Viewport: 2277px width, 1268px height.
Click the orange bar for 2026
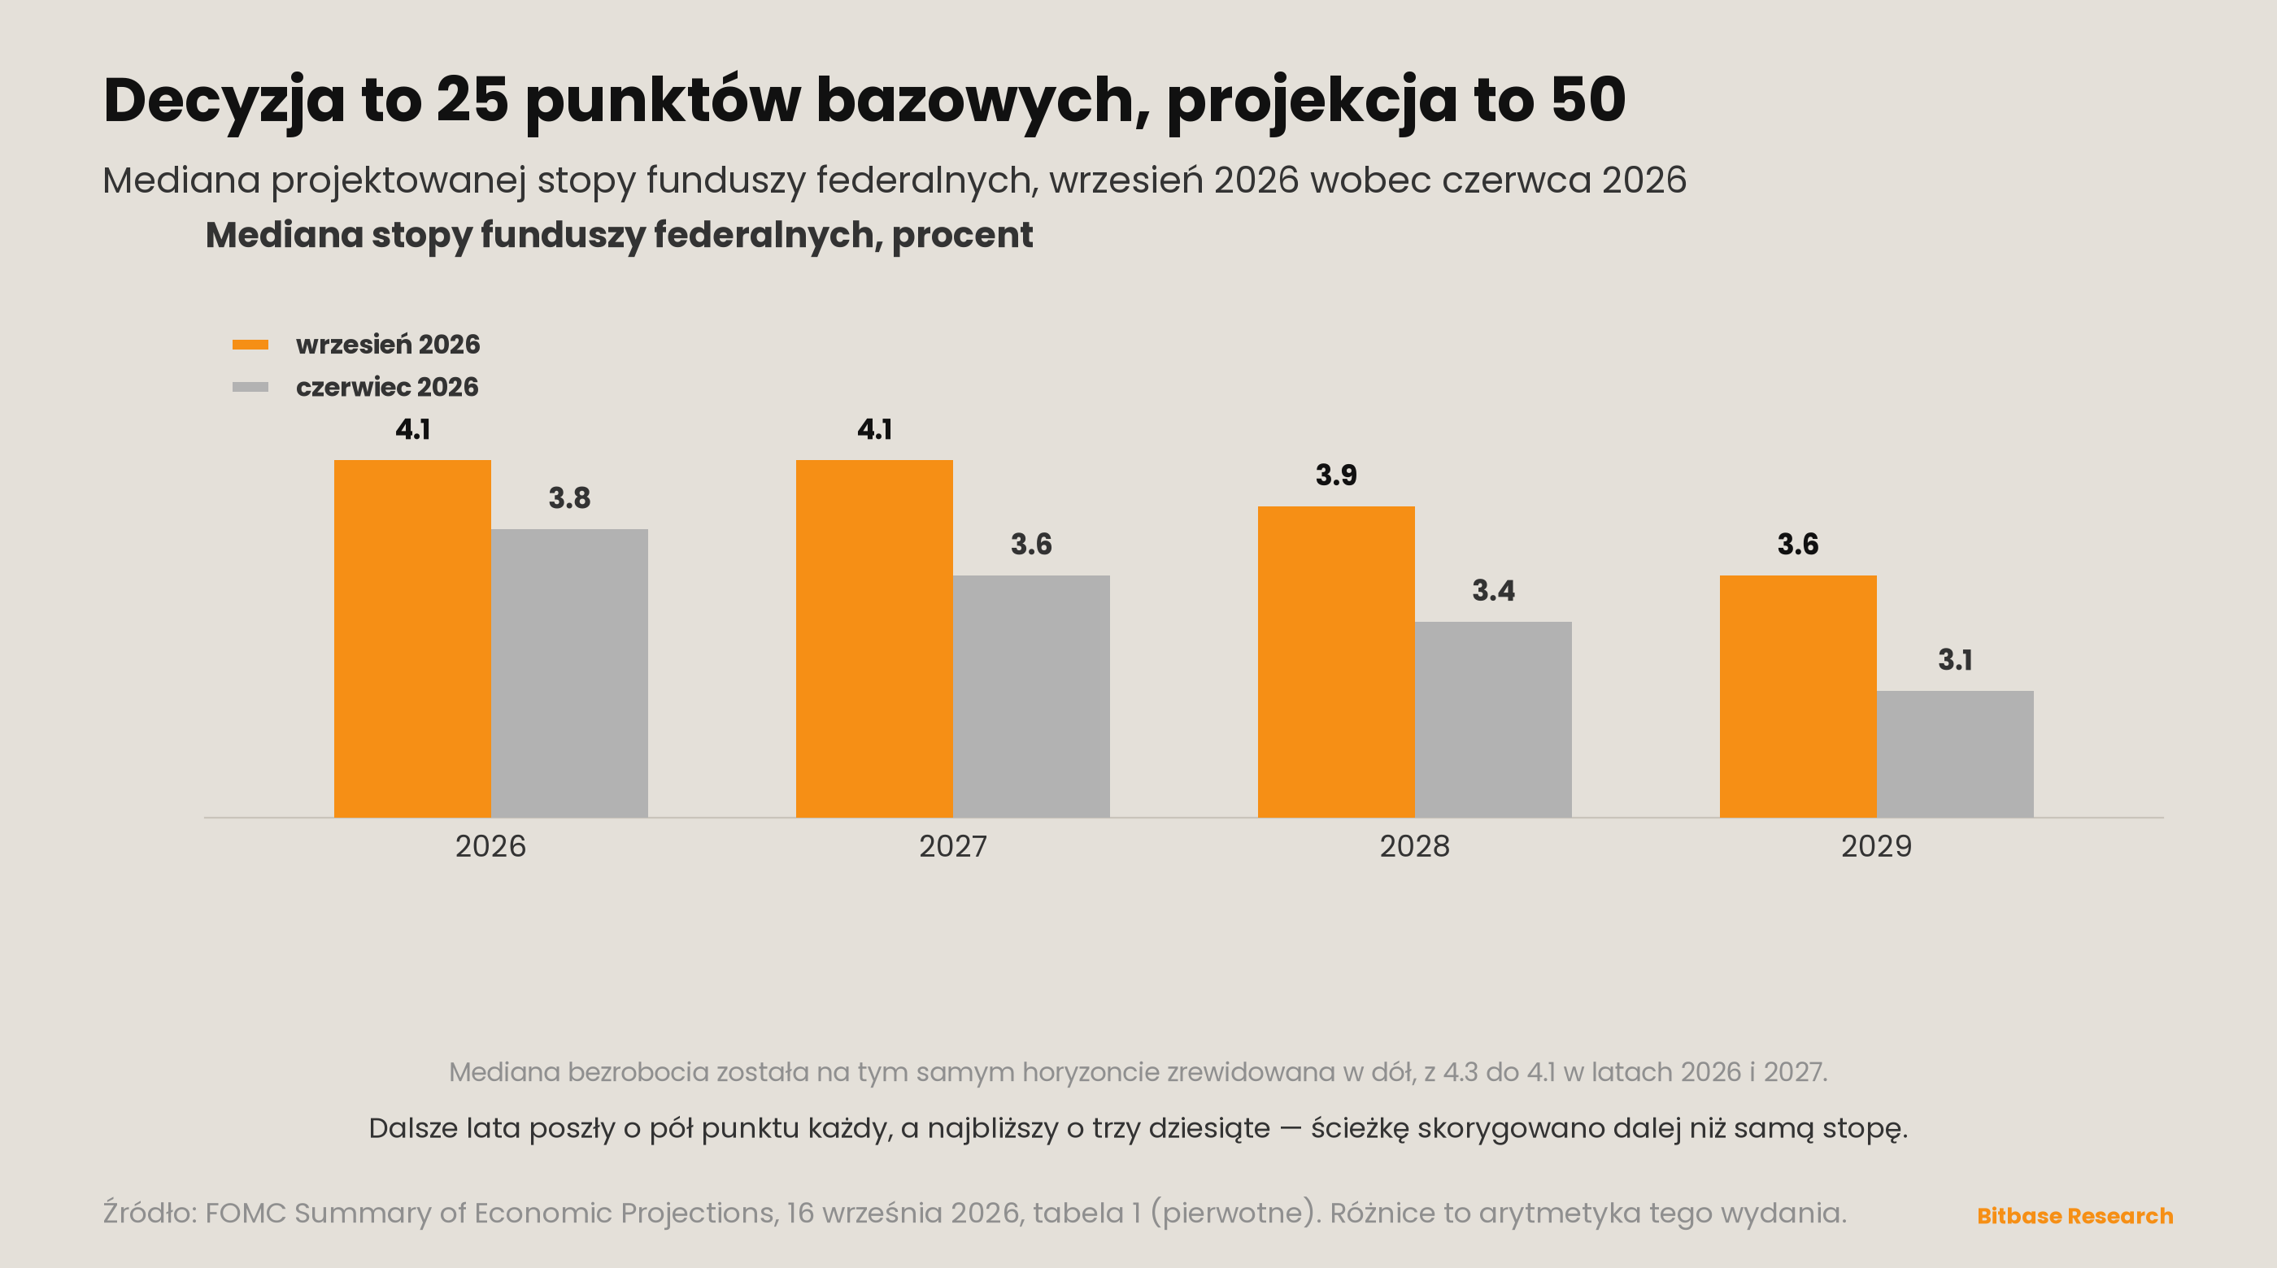(412, 638)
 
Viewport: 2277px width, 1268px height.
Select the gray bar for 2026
(569, 673)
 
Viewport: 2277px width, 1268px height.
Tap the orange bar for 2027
(874, 638)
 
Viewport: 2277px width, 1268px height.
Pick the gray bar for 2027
(1031, 697)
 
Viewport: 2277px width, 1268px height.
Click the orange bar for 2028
(1335, 662)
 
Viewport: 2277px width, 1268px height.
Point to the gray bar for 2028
(1493, 719)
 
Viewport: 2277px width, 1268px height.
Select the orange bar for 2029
(1798, 697)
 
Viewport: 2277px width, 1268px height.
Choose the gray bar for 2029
(1955, 753)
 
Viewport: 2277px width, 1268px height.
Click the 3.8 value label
(569, 498)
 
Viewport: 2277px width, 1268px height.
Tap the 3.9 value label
(1335, 475)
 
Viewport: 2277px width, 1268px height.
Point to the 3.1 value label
(1955, 660)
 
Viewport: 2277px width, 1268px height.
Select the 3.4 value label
(1493, 591)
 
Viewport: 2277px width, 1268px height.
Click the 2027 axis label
(953, 846)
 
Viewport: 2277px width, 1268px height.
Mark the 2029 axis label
(1877, 846)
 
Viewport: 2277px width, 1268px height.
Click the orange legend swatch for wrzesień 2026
(250, 345)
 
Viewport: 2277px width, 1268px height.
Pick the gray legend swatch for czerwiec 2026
(250, 387)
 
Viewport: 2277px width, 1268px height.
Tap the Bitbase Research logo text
(2075, 1216)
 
